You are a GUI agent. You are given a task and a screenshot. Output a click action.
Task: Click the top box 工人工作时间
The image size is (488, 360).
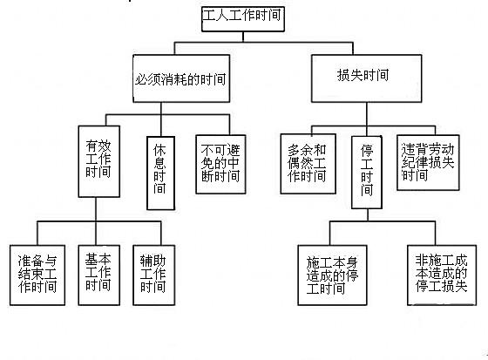click(x=243, y=19)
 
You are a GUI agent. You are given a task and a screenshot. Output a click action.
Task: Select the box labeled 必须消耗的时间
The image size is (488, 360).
click(x=181, y=78)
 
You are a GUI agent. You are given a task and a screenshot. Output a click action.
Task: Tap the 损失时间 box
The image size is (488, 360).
click(x=367, y=78)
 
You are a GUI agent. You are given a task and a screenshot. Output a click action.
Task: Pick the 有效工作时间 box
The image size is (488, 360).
click(x=99, y=161)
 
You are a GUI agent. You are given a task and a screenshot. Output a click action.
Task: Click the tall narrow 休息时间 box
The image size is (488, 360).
click(x=160, y=173)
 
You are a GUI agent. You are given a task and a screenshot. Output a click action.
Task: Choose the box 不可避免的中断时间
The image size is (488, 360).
click(x=220, y=164)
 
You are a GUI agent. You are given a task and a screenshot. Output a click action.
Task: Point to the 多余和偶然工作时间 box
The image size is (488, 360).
click(x=308, y=164)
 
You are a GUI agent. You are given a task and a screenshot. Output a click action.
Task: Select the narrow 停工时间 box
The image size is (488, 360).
click(x=367, y=173)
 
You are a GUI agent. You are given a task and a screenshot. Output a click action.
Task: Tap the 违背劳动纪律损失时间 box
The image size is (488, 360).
click(x=428, y=162)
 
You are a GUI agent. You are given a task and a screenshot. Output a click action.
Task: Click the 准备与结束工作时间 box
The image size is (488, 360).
click(x=37, y=275)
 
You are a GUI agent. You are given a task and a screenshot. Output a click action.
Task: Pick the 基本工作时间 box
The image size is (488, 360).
click(x=99, y=275)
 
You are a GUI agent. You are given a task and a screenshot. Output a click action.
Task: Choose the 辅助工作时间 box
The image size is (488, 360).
click(x=153, y=275)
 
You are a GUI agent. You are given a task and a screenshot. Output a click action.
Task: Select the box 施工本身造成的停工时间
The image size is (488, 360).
click(x=332, y=275)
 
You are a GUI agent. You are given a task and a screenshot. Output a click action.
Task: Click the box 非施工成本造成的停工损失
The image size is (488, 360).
click(x=442, y=275)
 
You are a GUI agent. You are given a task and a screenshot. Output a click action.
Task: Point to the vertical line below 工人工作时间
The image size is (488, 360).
click(x=243, y=37)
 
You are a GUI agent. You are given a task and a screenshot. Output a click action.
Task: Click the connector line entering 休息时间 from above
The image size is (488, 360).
click(x=161, y=119)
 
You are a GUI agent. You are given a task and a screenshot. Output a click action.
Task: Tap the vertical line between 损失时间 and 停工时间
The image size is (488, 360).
click(x=367, y=119)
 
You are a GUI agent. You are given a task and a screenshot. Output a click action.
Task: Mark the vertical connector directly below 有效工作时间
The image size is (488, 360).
click(x=96, y=209)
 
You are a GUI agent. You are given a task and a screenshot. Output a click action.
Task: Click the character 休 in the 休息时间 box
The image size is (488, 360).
click(x=159, y=151)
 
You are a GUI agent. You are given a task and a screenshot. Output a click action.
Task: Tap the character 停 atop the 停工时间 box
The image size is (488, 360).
click(x=367, y=151)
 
